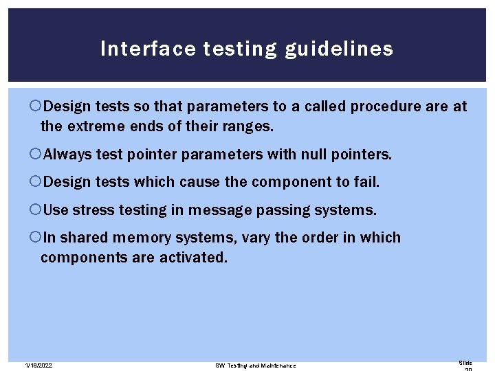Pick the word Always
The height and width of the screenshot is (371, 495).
(x=66, y=155)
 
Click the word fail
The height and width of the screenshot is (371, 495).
(x=366, y=182)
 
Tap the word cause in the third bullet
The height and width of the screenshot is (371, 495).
(x=205, y=182)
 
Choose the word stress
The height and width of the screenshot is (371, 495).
(x=93, y=210)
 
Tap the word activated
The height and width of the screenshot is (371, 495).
(x=193, y=258)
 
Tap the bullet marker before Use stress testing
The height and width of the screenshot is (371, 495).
(x=36, y=210)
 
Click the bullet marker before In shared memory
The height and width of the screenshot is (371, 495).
(x=36, y=237)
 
